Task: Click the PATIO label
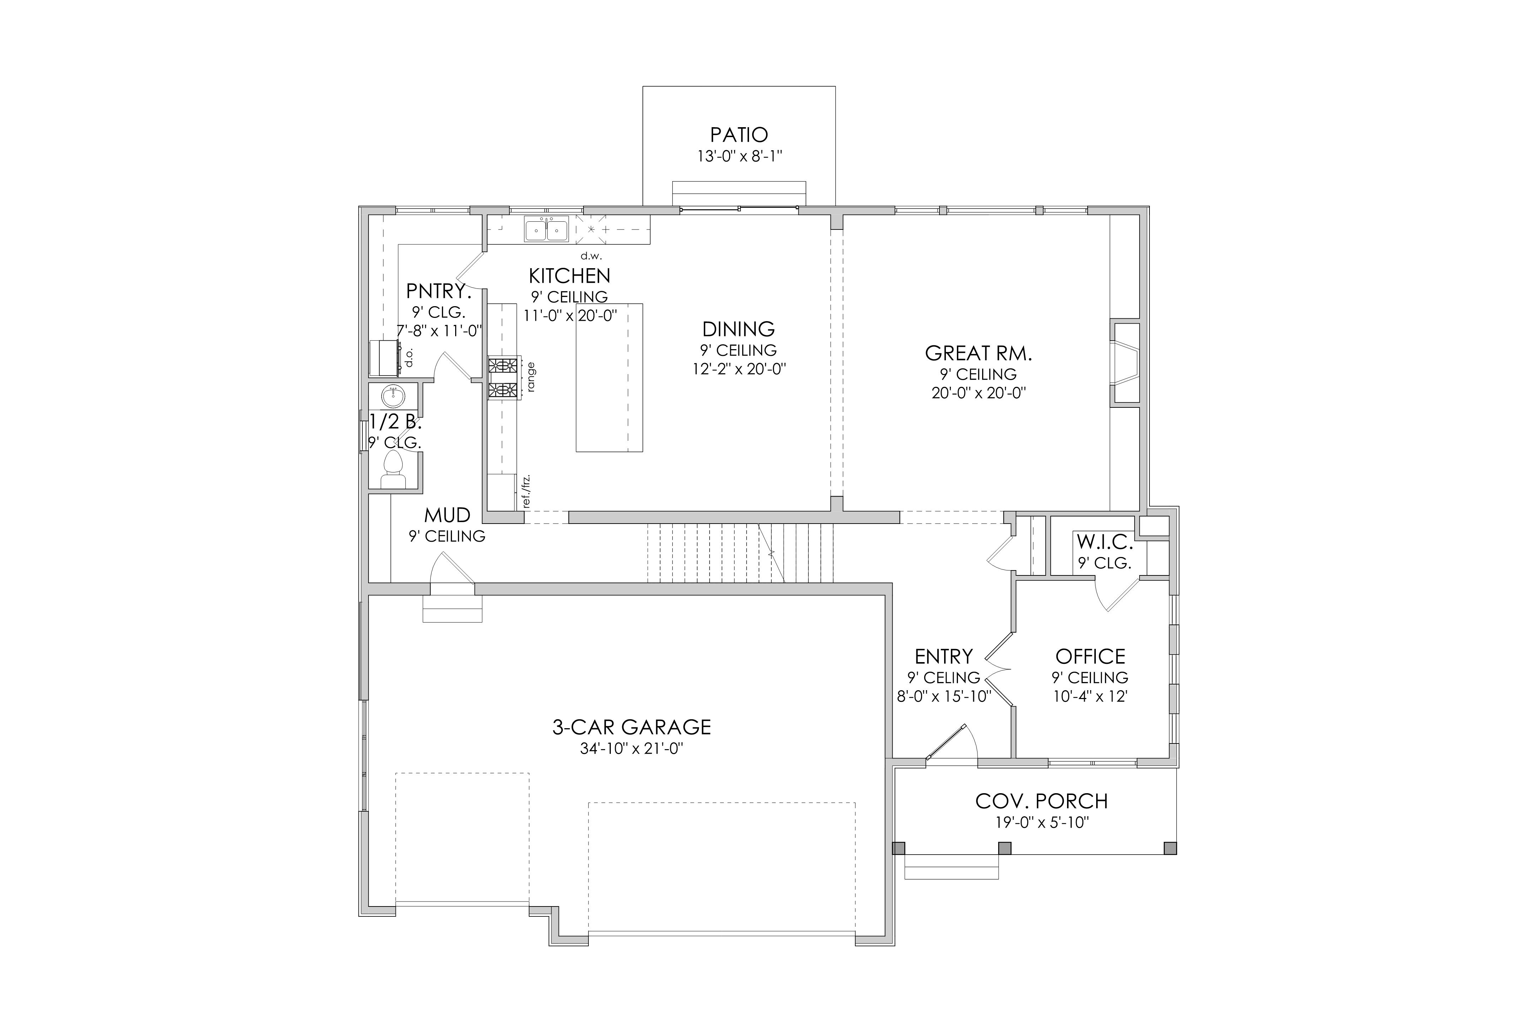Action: pos(739,135)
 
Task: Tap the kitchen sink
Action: pos(546,230)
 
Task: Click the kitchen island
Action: pos(609,377)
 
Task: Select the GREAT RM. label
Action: pos(978,354)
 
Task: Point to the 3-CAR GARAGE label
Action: pos(632,727)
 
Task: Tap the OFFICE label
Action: pos(1090,656)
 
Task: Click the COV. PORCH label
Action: pos(1041,801)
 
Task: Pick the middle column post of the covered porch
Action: pos(1005,848)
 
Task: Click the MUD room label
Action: pos(447,515)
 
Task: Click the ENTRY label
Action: pos(944,656)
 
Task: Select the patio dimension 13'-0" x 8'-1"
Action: pos(739,157)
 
